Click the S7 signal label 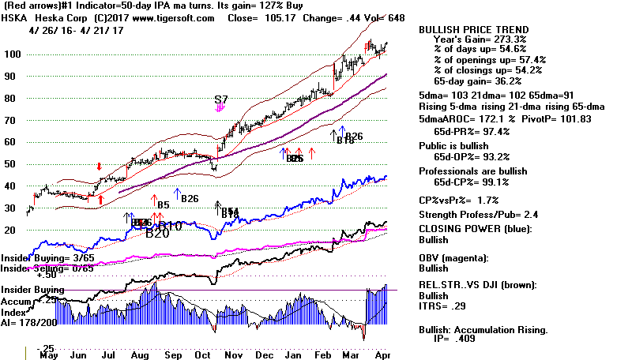(x=221, y=100)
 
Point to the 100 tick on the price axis (x=12, y=54)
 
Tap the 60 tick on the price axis (x=12, y=142)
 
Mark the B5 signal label (x=164, y=206)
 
